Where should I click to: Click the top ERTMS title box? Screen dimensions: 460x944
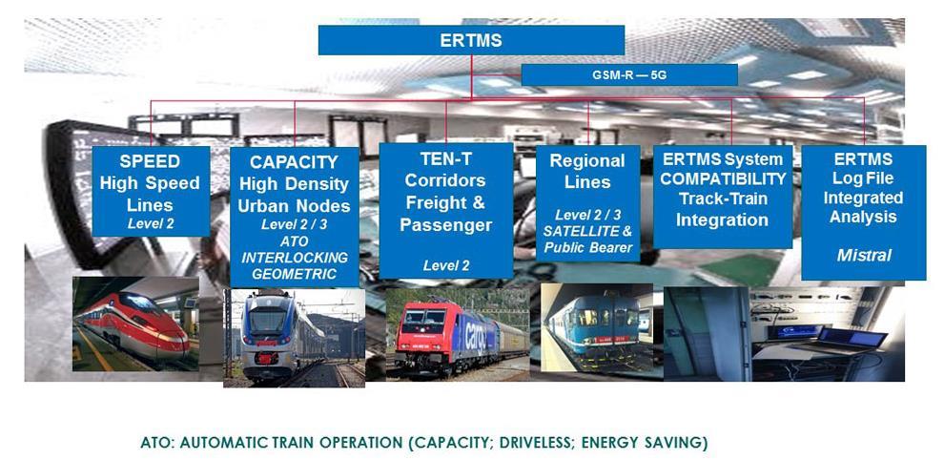471,40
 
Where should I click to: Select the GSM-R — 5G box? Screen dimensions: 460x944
629,74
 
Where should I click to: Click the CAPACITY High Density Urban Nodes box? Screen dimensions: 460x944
294,216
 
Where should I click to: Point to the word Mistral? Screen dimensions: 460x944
863,256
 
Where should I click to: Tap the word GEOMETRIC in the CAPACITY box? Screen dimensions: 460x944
294,274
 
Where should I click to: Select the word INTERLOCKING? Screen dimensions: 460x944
294,259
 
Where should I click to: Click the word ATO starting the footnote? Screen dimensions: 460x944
153,443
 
